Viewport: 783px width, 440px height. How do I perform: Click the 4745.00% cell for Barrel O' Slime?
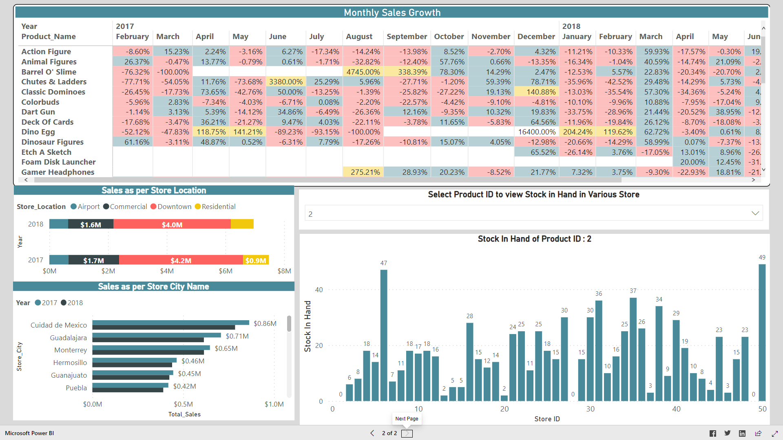point(363,72)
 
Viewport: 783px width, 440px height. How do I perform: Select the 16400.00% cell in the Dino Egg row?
point(537,132)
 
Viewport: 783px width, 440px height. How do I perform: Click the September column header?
point(407,37)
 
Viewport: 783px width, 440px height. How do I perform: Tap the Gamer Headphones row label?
point(58,172)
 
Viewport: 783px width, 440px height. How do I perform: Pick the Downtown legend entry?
point(171,207)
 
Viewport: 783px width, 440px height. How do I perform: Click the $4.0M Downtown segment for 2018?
point(172,224)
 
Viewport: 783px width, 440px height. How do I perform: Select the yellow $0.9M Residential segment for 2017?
point(256,260)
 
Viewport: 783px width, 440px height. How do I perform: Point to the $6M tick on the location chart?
point(226,271)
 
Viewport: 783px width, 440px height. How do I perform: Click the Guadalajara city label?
point(68,338)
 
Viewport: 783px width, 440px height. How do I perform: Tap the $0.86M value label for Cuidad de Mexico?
point(265,323)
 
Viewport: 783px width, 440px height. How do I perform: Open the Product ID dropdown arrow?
point(755,213)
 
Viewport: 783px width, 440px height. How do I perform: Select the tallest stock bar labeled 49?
point(762,332)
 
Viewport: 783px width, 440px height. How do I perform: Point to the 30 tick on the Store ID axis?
point(590,409)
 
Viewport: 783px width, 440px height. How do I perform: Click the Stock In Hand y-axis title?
point(307,326)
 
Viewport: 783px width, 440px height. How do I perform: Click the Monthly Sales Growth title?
point(391,13)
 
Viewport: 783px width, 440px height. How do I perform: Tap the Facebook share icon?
point(712,433)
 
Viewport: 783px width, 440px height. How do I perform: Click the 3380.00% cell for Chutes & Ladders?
point(285,82)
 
